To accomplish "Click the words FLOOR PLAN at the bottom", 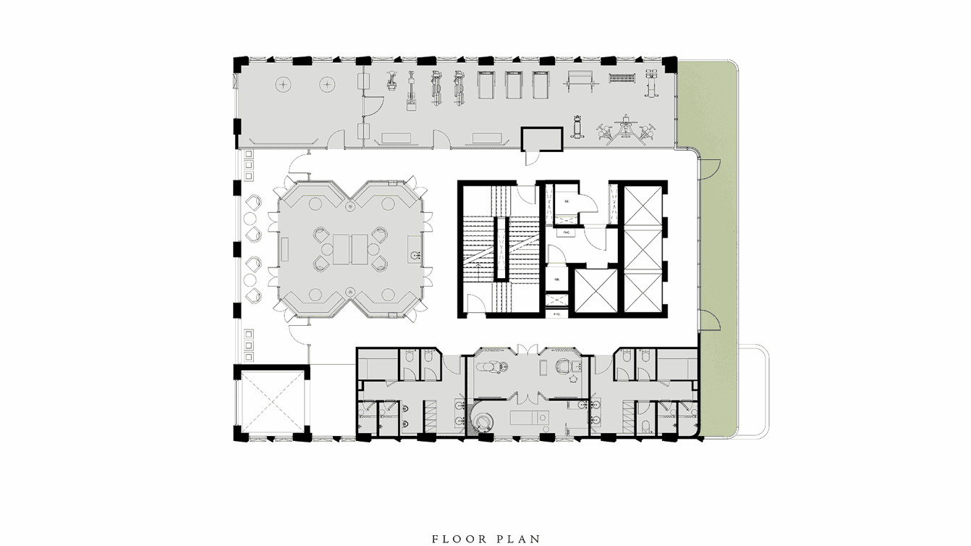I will (x=485, y=539).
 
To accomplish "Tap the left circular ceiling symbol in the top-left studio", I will (x=282, y=85).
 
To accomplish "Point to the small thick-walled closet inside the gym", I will (x=543, y=138).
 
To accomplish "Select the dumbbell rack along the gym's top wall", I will (x=622, y=77).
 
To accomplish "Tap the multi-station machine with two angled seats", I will (x=624, y=131).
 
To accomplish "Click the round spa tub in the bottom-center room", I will (x=482, y=421).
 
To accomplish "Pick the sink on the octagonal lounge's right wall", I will (x=415, y=256).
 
